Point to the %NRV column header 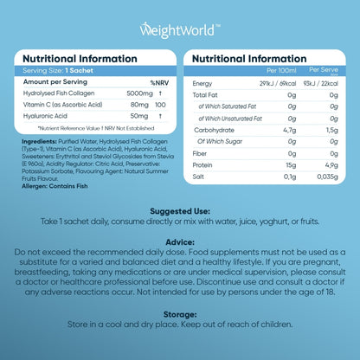(157, 82)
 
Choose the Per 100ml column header (274, 67)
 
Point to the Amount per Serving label (56, 82)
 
